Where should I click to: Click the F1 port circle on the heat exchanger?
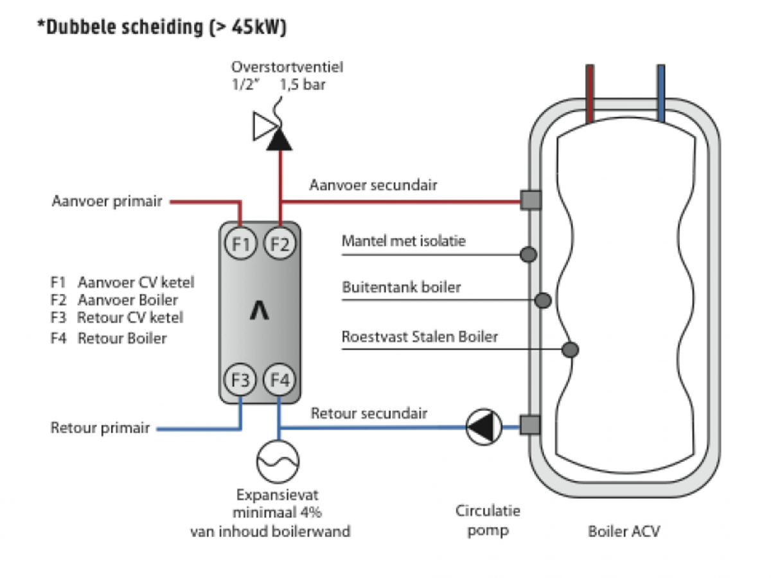[240, 243]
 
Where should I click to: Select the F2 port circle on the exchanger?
[279, 243]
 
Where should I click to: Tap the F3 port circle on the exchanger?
[240, 380]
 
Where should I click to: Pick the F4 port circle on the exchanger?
[279, 380]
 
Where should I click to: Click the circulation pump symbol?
[484, 426]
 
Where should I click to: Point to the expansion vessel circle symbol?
[278, 462]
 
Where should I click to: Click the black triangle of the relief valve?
[279, 139]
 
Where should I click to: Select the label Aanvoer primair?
[107, 201]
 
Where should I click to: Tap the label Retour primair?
[100, 428]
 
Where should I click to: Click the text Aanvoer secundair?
[373, 185]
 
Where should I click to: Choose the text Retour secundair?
[369, 413]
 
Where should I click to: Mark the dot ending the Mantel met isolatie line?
[528, 254]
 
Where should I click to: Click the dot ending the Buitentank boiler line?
[543, 300]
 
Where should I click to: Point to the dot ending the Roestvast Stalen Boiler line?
[570, 349]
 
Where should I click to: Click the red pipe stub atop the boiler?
[590, 93]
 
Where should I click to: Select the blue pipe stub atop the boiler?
[661, 93]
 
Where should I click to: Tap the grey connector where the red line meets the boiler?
[531, 200]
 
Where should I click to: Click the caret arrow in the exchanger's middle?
[259, 310]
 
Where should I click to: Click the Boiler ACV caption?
[624, 531]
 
